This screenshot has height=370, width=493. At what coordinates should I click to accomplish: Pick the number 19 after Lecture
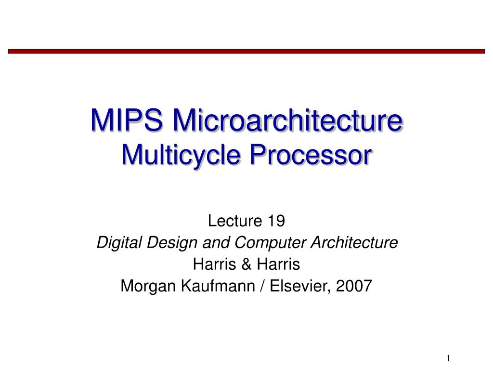(x=276, y=221)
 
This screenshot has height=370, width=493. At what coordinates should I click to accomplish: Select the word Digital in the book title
(x=114, y=243)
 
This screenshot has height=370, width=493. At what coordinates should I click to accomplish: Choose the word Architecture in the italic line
(x=349, y=243)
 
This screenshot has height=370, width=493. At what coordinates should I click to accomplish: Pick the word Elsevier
(x=298, y=286)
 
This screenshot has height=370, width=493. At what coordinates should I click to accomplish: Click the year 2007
(x=354, y=286)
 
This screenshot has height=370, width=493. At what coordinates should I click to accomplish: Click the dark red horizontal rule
(x=246, y=51)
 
